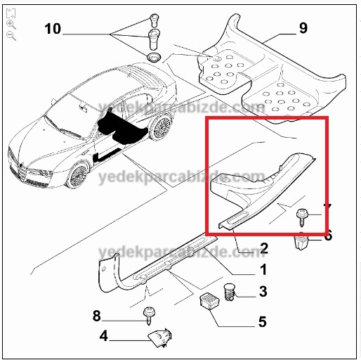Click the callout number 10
click(53, 29)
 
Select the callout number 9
click(303, 28)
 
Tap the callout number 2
click(264, 248)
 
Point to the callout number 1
click(263, 269)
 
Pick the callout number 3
click(263, 291)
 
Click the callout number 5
click(263, 322)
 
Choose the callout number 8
click(97, 316)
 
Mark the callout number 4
click(104, 336)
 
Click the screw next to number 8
click(149, 316)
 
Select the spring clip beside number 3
click(230, 292)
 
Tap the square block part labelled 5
click(209, 301)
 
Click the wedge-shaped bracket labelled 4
click(160, 338)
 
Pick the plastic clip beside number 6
click(301, 241)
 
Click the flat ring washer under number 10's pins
click(153, 58)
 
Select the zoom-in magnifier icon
click(11, 25)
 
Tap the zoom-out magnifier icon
click(11, 36)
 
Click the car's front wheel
click(79, 175)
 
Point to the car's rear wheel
click(161, 127)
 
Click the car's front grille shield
click(22, 173)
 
